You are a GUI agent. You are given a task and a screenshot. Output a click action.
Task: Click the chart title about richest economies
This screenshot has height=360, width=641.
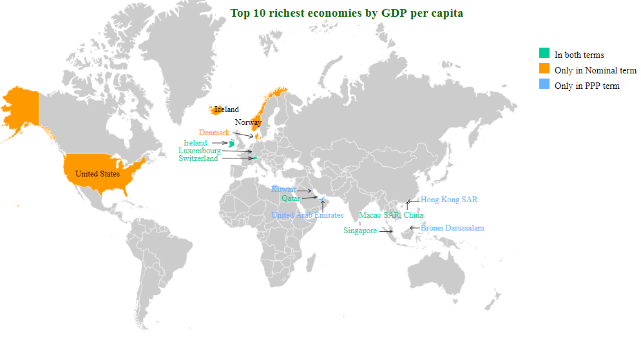(x=347, y=13)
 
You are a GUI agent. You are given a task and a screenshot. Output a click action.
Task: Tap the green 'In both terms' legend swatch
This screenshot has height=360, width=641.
(x=544, y=53)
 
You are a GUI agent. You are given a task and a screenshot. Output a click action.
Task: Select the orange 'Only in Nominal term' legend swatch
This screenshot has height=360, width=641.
(x=544, y=69)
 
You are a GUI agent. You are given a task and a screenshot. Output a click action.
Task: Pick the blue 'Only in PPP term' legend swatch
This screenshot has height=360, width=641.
(x=544, y=84)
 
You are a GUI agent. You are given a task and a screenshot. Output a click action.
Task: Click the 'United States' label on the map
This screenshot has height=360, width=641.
(x=97, y=174)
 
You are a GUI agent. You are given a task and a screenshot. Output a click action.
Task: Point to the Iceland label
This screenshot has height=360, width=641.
(x=227, y=109)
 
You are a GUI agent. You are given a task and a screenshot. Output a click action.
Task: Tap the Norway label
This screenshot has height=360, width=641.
(x=248, y=122)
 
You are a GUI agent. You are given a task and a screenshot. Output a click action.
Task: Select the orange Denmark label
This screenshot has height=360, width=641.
(x=214, y=133)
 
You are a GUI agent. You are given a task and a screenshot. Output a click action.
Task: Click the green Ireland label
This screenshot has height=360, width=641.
(x=195, y=143)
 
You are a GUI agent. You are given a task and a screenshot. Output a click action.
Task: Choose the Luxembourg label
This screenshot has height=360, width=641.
(x=200, y=151)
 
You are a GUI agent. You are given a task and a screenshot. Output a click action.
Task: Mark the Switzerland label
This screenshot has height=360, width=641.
(x=198, y=158)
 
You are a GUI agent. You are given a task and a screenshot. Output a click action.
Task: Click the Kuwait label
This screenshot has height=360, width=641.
(x=283, y=189)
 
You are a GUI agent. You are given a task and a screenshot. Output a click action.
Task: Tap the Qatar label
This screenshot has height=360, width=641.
(x=291, y=198)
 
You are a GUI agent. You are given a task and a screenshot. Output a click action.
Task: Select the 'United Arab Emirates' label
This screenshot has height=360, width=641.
(x=307, y=215)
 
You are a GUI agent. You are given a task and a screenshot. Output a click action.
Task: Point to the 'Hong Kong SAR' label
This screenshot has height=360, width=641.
(x=449, y=200)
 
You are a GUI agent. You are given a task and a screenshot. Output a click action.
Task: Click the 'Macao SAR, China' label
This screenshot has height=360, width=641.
(x=391, y=215)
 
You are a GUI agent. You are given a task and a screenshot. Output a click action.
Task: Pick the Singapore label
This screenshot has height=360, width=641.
(x=360, y=231)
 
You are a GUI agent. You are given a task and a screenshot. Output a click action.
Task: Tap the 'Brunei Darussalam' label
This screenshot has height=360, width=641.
(x=452, y=228)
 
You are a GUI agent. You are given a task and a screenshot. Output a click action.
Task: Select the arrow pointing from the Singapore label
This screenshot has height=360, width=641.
(x=386, y=231)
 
